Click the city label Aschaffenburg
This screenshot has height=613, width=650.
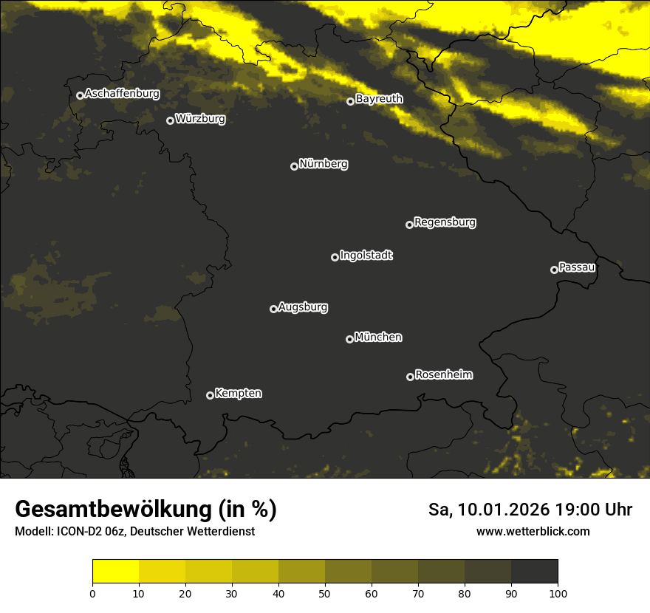tap(122, 94)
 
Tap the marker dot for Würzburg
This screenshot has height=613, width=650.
tap(170, 120)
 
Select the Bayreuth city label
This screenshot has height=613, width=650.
tap(379, 99)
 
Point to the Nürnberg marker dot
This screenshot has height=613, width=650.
tap(294, 166)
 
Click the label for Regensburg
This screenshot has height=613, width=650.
tap(445, 222)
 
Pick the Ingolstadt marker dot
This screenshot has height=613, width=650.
tap(335, 257)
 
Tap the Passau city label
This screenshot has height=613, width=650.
tap(577, 267)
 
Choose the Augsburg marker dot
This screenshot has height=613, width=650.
tap(273, 309)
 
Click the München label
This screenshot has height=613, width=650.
tap(378, 338)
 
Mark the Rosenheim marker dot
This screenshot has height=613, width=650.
tap(410, 377)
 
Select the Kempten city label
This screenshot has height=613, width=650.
tap(238, 394)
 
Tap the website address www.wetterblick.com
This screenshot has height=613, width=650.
tap(533, 531)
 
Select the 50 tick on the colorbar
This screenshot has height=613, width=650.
tap(325, 592)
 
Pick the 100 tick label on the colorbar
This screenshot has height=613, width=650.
tap(558, 592)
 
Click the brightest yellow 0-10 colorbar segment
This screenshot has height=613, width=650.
tap(115, 572)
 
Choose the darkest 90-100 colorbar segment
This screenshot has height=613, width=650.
tap(534, 572)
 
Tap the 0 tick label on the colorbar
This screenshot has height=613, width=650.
tap(92, 592)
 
